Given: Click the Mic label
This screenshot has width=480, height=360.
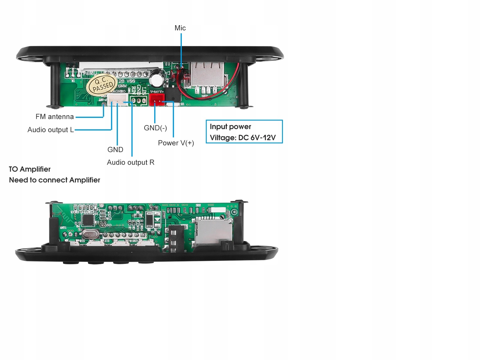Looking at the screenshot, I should pyautogui.click(x=180, y=28).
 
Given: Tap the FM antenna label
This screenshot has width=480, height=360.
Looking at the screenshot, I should pyautogui.click(x=55, y=117).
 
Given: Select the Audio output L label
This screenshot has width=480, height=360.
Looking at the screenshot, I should pyautogui.click(x=50, y=130).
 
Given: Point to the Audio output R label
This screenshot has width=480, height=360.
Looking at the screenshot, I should pyautogui.click(x=130, y=162).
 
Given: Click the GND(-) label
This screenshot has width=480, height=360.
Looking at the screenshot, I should pyautogui.click(x=155, y=128).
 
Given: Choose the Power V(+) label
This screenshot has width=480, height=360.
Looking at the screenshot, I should pyautogui.click(x=176, y=143).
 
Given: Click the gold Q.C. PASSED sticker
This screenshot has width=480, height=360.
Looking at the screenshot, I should pyautogui.click(x=102, y=85).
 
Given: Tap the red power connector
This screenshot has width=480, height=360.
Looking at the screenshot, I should pyautogui.click(x=157, y=99).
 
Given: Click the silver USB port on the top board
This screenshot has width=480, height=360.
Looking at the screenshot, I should pyautogui.click(x=207, y=75).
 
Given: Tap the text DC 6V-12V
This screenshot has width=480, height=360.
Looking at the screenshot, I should pyautogui.click(x=257, y=138).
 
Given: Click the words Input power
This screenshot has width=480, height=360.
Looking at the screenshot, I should pyautogui.click(x=230, y=127).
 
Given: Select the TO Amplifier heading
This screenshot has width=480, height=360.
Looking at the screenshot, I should pyautogui.click(x=30, y=169).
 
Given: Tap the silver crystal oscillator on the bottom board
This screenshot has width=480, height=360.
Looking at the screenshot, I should pyautogui.click(x=89, y=234).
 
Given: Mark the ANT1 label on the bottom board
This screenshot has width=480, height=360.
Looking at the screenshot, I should pyautogui.click(x=63, y=228).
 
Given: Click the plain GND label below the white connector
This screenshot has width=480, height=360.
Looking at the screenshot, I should pyautogui.click(x=115, y=150).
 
